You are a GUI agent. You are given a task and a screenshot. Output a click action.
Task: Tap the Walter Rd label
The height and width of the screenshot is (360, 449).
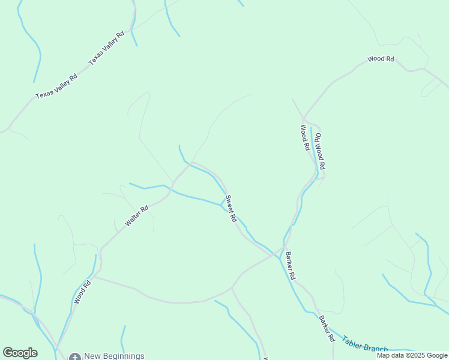pyautogui.click(x=137, y=216)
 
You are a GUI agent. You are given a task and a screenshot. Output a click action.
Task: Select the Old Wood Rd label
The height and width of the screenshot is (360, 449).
pyautogui.click(x=320, y=151)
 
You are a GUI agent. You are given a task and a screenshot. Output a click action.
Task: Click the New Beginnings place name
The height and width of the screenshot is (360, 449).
pyautogui.click(x=114, y=356)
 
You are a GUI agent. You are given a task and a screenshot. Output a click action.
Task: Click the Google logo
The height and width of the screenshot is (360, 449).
pyautogui.click(x=20, y=353)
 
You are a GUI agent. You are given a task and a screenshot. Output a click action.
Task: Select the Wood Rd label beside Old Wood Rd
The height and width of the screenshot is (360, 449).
pyautogui.click(x=304, y=137)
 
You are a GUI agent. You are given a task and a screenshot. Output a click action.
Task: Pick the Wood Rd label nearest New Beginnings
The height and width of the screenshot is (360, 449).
pyautogui.click(x=82, y=292)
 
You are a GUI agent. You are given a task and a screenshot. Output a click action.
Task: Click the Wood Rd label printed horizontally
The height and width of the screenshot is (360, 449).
pyautogui.click(x=381, y=59)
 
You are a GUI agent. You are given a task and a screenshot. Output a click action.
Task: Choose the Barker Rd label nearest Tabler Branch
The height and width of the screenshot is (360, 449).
pyautogui.click(x=327, y=328)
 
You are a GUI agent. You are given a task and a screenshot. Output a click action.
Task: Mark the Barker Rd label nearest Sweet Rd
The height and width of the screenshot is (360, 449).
pyautogui.click(x=291, y=266)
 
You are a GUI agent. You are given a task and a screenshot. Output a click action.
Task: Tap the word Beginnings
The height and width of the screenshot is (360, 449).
pyautogui.click(x=122, y=356)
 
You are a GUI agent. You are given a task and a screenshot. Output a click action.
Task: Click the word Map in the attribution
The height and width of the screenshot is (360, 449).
pyautogui.click(x=384, y=355)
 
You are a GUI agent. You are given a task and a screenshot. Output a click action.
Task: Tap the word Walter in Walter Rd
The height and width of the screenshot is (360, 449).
pyautogui.click(x=134, y=219)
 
